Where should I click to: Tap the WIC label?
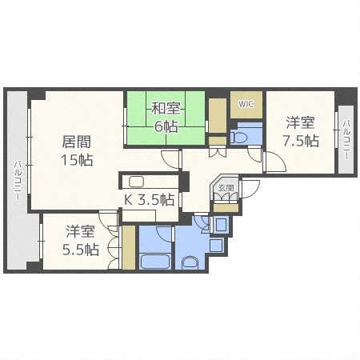click(x=245, y=102)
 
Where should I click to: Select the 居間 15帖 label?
click(x=77, y=150)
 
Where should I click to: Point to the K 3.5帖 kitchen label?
click(x=149, y=199)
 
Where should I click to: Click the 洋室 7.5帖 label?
click(x=300, y=132)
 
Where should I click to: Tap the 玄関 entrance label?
click(x=226, y=190)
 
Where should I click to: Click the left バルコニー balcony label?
click(x=17, y=182)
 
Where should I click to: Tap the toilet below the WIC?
click(x=241, y=138)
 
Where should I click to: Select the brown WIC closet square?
click(x=246, y=104)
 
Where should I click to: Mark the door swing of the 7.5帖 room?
click(x=276, y=162)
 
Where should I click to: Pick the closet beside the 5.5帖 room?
click(x=128, y=248)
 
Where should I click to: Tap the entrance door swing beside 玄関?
click(x=249, y=189)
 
